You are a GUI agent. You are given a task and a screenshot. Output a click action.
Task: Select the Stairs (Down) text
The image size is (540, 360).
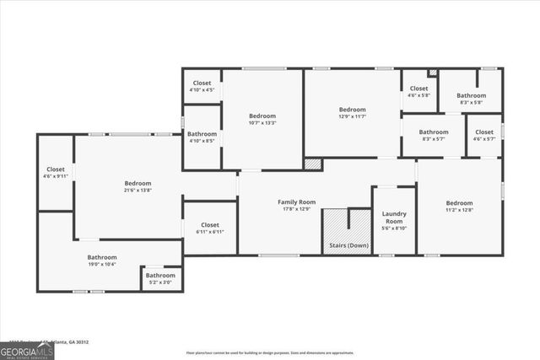[346, 245]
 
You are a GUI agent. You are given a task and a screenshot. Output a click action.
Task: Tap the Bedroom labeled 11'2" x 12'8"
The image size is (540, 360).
[459, 207]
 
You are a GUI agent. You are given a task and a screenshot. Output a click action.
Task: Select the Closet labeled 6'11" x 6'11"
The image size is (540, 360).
[210, 228]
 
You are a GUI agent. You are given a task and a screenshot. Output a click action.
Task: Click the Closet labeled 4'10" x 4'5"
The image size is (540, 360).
[202, 86]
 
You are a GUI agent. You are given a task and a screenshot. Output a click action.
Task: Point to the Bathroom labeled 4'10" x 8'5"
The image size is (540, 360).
[202, 137]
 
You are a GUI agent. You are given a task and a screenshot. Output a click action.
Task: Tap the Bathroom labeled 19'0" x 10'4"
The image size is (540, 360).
[102, 261]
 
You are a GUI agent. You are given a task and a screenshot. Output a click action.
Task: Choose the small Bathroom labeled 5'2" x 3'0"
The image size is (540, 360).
[160, 278]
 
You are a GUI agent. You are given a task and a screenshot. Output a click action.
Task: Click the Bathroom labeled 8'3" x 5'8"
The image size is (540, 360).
[471, 99]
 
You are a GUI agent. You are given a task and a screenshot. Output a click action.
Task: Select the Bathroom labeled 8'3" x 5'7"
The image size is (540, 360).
[434, 135]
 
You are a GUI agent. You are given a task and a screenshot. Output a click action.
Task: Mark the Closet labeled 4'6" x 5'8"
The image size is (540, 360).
[419, 92]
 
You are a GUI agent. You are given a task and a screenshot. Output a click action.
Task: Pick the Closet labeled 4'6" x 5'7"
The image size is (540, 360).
[484, 135]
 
